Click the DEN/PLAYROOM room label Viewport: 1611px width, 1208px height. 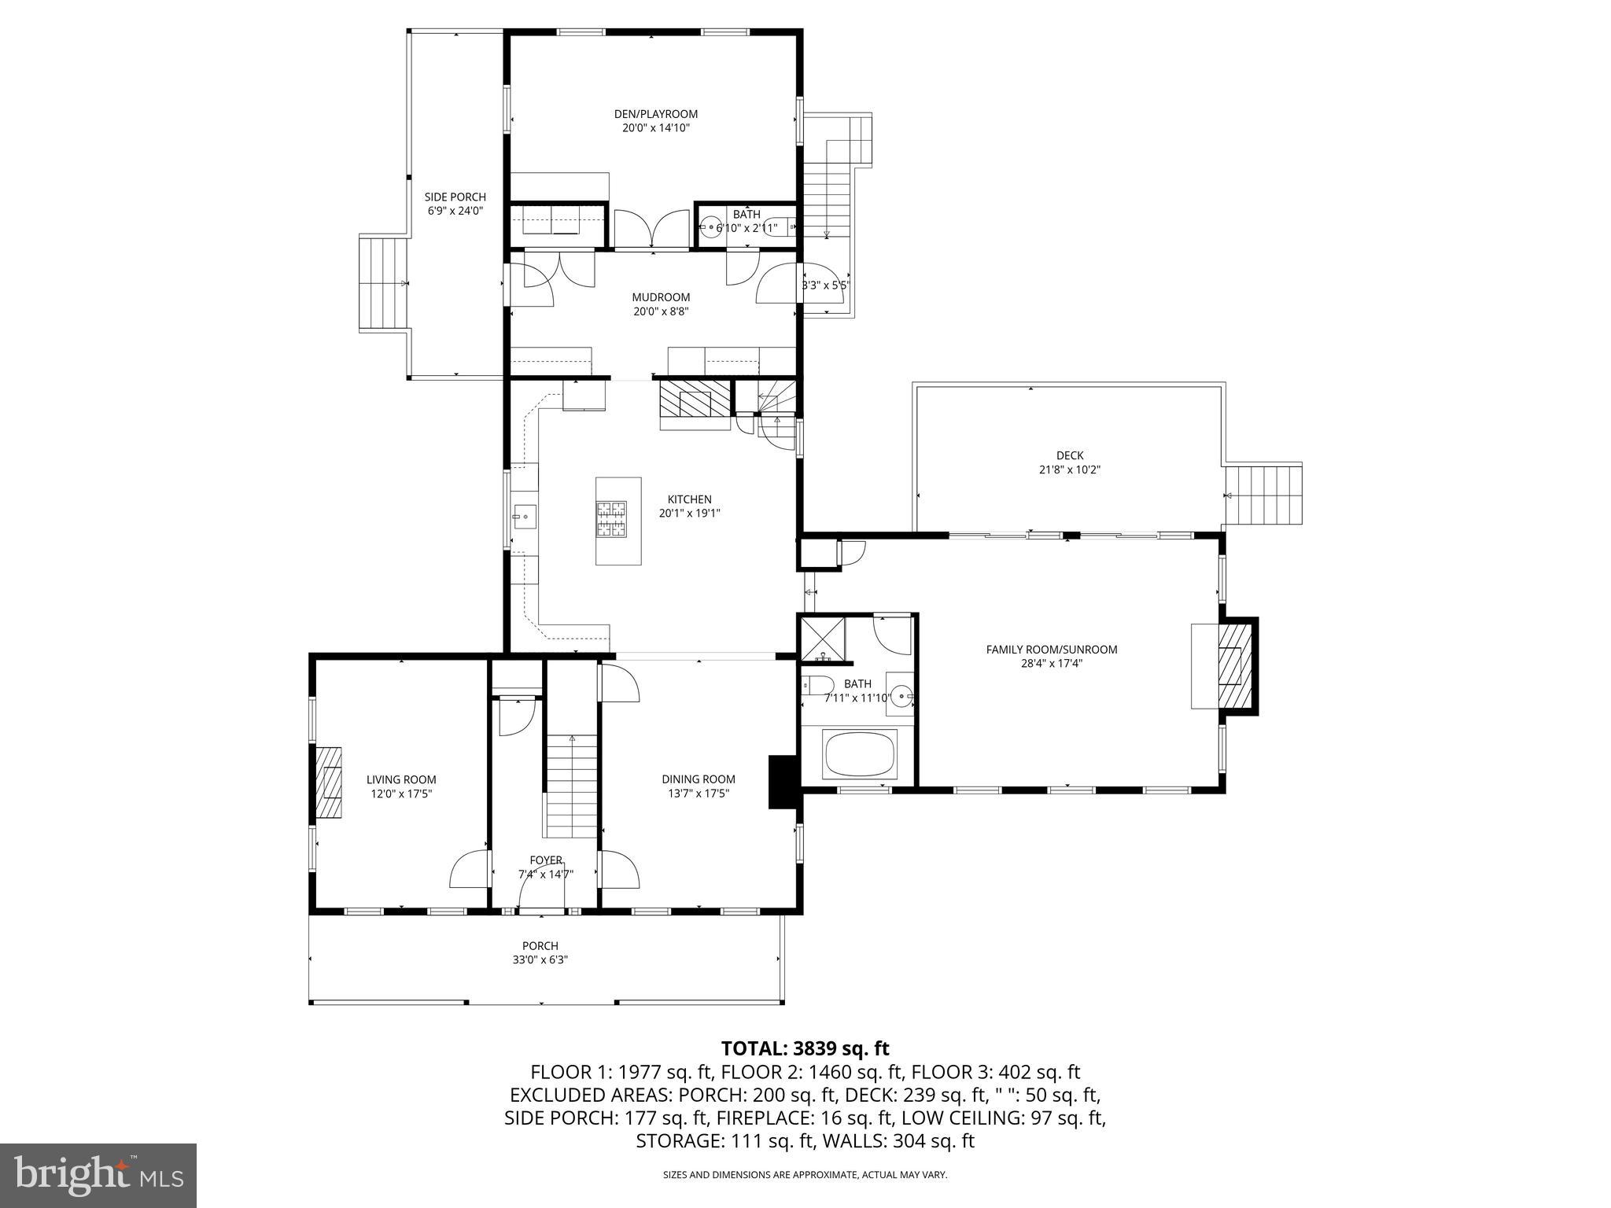[x=655, y=114]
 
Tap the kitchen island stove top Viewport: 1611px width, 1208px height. [x=613, y=520]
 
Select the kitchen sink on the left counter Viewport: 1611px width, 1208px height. [x=525, y=517]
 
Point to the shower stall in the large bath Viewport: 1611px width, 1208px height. [x=823, y=639]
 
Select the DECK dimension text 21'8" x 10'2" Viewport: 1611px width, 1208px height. [x=1069, y=470]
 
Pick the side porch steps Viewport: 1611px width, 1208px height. [x=382, y=284]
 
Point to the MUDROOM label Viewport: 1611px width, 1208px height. [x=661, y=297]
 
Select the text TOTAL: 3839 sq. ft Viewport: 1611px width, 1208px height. [x=805, y=1048]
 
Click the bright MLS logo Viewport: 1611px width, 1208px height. [x=98, y=1175]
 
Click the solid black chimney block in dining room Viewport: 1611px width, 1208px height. [x=783, y=781]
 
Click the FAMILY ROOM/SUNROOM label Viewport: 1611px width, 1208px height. [x=1051, y=650]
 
